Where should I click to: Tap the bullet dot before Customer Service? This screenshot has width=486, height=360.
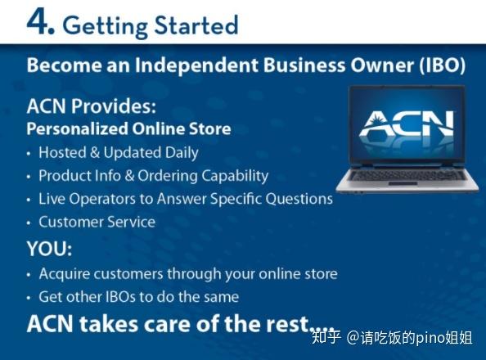click(x=29, y=223)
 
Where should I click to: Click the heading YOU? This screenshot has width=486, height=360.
click(x=49, y=248)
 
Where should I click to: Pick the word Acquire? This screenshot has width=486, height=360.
click(x=64, y=274)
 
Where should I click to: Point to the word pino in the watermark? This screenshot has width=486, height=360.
click(x=430, y=336)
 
